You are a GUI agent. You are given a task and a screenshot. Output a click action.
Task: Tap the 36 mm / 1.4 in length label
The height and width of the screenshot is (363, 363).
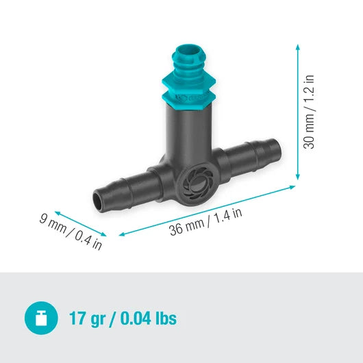pos(206,221)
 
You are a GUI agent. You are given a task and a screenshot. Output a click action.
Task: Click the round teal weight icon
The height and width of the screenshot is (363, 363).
pos(40,318)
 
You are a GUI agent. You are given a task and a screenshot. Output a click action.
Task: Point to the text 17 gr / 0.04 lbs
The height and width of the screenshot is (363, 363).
pos(123,318)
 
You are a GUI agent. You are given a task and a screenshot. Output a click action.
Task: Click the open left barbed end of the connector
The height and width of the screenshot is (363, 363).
pos(101,201)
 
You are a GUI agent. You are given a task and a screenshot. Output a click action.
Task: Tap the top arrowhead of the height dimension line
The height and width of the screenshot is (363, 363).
pos(297,47)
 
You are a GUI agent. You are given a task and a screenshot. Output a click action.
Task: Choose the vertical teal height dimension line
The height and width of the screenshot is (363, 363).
pos(297,113)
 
